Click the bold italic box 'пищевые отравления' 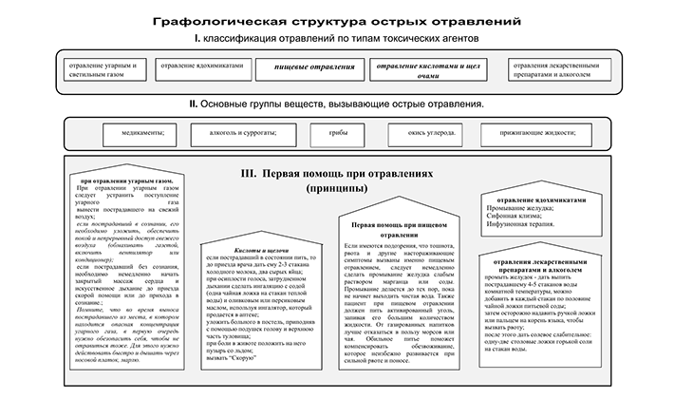307,69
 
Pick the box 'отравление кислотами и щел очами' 416,71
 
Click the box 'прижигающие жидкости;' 535,132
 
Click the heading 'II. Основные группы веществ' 336,103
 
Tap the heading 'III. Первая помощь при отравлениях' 337,175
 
